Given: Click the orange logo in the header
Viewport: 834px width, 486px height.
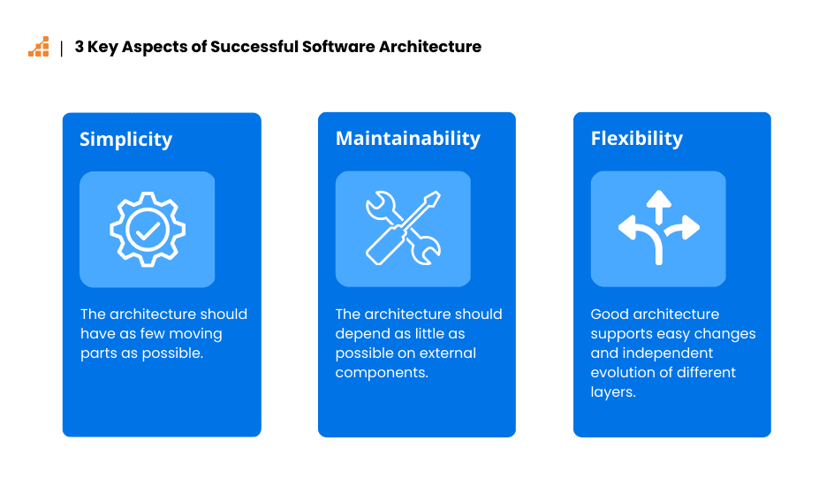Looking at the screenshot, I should (x=39, y=48).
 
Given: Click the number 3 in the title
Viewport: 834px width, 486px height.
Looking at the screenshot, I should (x=80, y=48).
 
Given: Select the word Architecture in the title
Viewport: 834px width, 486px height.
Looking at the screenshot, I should (x=430, y=48).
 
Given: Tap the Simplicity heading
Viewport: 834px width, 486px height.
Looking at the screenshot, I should (x=125, y=140).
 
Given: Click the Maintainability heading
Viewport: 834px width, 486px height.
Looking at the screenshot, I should (x=407, y=139).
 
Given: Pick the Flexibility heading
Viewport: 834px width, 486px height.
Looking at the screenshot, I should (x=636, y=139).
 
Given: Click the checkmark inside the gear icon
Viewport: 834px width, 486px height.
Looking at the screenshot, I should (x=147, y=230).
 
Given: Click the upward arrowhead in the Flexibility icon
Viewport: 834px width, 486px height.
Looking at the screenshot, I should (x=658, y=200).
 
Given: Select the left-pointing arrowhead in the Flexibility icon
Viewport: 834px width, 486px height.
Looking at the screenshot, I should (x=626, y=229).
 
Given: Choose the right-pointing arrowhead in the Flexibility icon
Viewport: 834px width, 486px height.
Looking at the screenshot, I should (x=690, y=228).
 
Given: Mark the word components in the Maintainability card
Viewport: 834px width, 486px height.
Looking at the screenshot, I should (x=380, y=373).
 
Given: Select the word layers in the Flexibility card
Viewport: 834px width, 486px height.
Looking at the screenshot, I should (x=612, y=392).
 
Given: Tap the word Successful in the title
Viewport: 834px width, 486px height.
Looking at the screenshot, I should (x=254, y=48).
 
